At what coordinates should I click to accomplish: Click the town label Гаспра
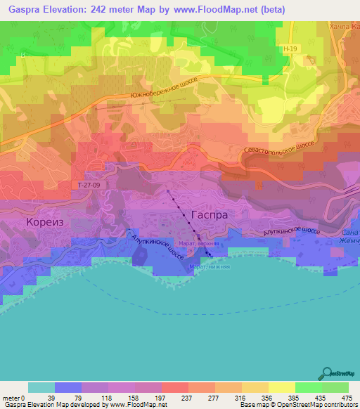209,216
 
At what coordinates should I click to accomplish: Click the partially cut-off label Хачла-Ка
344,26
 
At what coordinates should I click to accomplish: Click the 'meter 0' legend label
14,397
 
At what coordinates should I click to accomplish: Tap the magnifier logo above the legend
327,373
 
